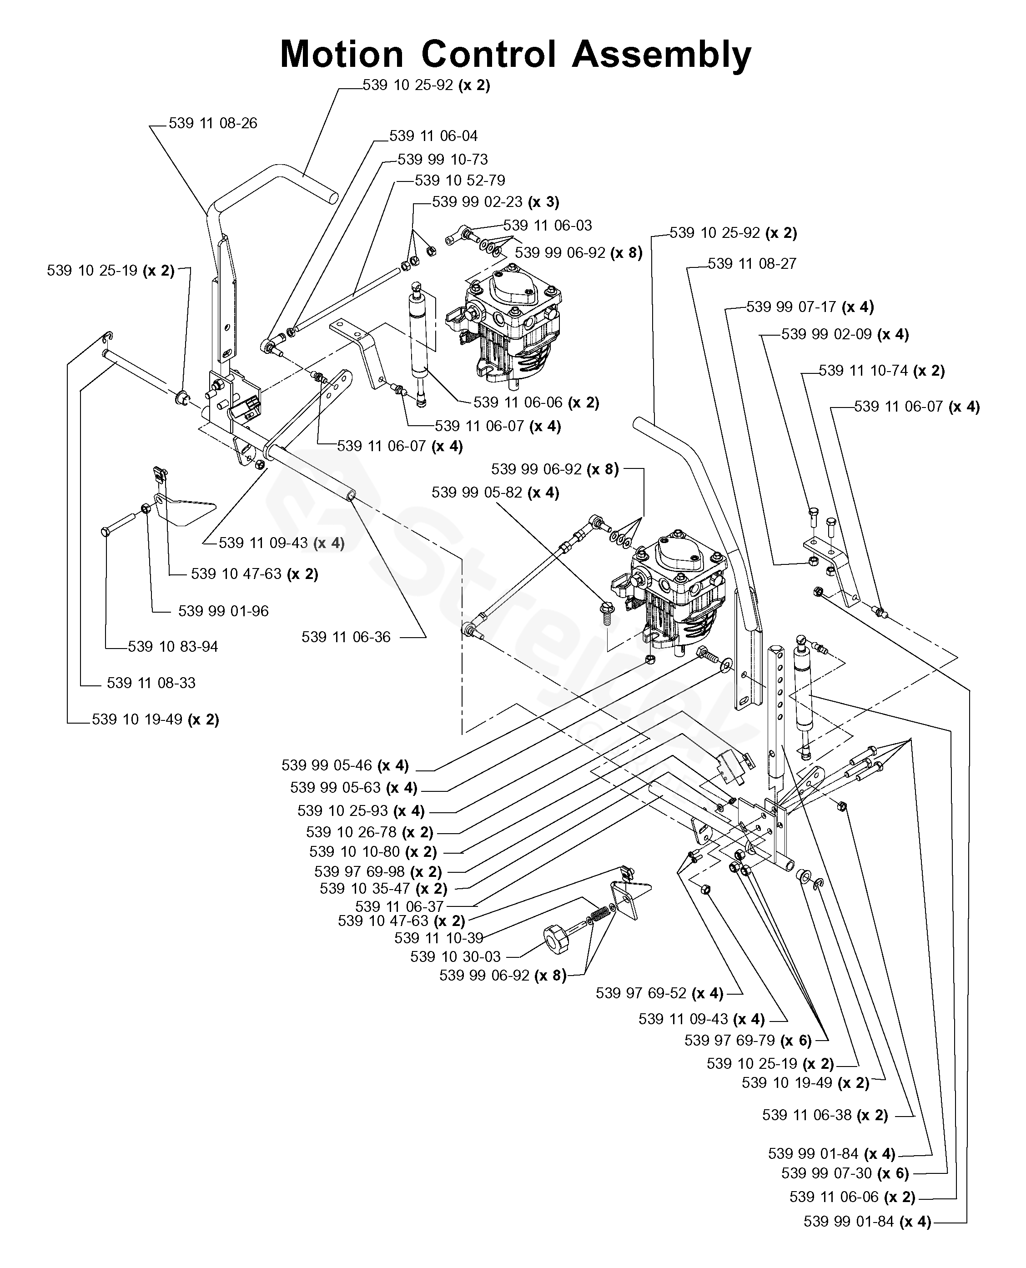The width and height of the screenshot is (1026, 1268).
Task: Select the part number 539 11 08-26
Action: (x=213, y=124)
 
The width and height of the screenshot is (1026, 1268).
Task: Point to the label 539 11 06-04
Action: (x=433, y=136)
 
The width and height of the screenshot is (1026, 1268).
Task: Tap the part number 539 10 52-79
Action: (x=460, y=180)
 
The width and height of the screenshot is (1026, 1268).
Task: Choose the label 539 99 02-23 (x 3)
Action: (x=495, y=202)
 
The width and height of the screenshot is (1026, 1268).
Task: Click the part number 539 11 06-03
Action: (x=547, y=225)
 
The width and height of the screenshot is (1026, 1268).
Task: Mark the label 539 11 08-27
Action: (x=752, y=264)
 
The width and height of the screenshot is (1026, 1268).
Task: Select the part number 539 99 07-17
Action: (x=791, y=307)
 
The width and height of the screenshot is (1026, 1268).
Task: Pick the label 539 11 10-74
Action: (x=863, y=371)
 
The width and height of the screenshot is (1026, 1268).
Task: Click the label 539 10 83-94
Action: (x=172, y=647)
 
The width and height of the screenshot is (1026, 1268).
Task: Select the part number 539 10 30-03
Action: (x=455, y=956)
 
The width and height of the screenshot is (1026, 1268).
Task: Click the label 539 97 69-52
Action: (x=641, y=993)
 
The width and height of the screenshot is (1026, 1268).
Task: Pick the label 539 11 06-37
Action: (x=399, y=907)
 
